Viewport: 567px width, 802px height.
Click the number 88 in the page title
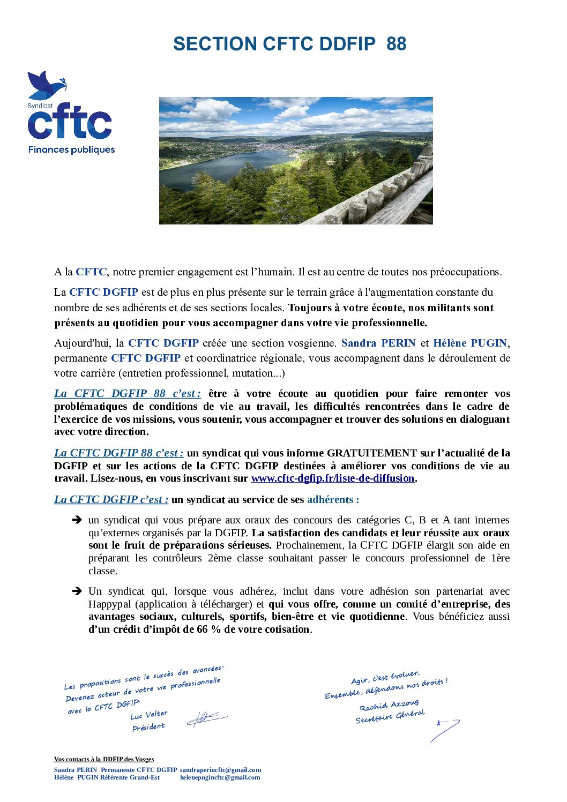[x=396, y=44]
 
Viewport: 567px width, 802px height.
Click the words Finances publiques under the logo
[x=72, y=150]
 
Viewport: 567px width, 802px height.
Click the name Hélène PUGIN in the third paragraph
[x=470, y=343]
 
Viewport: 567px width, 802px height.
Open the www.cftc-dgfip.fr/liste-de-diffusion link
[x=332, y=478]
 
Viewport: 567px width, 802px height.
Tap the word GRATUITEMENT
[x=372, y=453]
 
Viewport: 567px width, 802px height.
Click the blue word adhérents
[x=330, y=500]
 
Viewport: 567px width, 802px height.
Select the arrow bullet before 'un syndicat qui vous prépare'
[x=77, y=520]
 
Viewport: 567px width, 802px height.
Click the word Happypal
[x=109, y=604]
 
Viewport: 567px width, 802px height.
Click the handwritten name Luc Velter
[x=149, y=715]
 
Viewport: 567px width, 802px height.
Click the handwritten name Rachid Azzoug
[x=389, y=705]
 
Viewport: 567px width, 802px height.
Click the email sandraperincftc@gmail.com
[x=220, y=770]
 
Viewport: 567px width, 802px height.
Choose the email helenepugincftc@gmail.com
[x=220, y=777]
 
